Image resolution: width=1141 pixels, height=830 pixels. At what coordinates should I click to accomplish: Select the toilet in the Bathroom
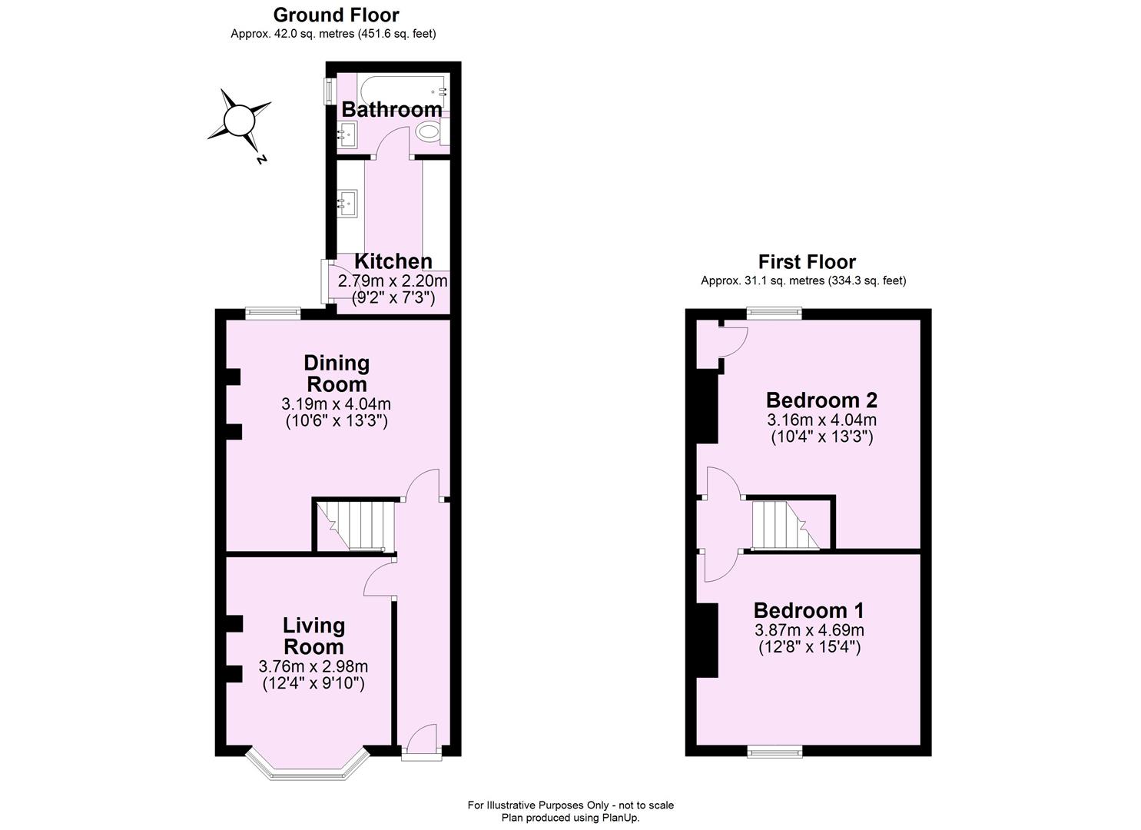pyautogui.click(x=427, y=133)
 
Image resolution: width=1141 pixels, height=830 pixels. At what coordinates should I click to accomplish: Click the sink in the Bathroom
pyautogui.click(x=347, y=135)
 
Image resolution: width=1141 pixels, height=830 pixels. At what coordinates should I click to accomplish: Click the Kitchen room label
pyautogui.click(x=393, y=261)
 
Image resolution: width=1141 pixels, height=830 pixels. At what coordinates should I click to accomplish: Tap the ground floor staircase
pyautogui.click(x=354, y=526)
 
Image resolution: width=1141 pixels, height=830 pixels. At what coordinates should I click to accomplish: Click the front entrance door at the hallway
pyautogui.click(x=422, y=741)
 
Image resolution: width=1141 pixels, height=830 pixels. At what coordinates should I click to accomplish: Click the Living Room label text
pyautogui.click(x=313, y=636)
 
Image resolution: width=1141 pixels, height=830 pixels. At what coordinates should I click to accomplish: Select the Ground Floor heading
pyautogui.click(x=336, y=15)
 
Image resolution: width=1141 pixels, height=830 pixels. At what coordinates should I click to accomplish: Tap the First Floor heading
pyautogui.click(x=807, y=262)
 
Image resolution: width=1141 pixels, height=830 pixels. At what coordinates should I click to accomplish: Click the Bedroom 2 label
pyautogui.click(x=821, y=400)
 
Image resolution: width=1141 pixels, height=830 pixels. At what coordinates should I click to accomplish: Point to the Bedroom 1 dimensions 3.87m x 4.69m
pyautogui.click(x=809, y=630)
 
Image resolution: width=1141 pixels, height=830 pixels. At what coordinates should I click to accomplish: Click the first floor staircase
pyautogui.click(x=784, y=526)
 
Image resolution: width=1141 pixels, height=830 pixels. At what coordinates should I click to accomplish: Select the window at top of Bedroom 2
pyautogui.click(x=774, y=313)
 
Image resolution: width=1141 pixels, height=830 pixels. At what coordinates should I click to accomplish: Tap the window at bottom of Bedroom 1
pyautogui.click(x=774, y=751)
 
